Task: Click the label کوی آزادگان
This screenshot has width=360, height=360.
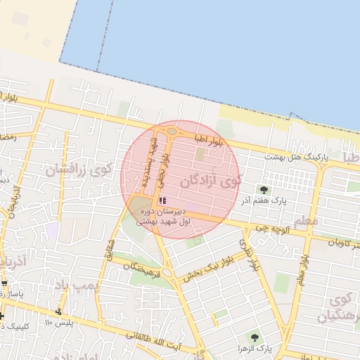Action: (x=210, y=181)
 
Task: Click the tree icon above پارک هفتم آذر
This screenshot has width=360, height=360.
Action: (x=264, y=190)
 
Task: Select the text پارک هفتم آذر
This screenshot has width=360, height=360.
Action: (x=264, y=201)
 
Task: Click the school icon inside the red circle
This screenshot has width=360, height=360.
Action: (x=163, y=201)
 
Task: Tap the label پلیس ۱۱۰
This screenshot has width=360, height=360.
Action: (x=58, y=322)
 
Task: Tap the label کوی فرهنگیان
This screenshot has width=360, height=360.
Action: (x=338, y=309)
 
